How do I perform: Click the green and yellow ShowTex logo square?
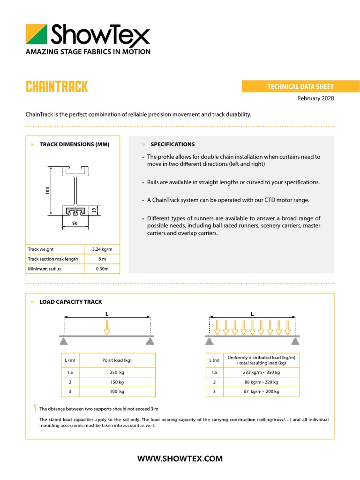pyautogui.click(x=37, y=34)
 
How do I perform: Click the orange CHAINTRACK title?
pyautogui.click(x=57, y=87)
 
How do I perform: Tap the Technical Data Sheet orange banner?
pyautogui.click(x=300, y=87)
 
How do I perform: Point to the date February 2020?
pyautogui.click(x=316, y=98)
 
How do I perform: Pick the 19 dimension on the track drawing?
pyautogui.click(x=94, y=210)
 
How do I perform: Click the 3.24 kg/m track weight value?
pyautogui.click(x=102, y=249)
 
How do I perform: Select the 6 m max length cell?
pyautogui.click(x=102, y=259)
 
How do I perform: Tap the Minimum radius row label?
pyautogui.click(x=45, y=269)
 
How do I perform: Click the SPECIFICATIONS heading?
pyautogui.click(x=172, y=144)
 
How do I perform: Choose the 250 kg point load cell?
pyautogui.click(x=117, y=372)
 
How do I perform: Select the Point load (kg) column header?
pyautogui.click(x=117, y=360)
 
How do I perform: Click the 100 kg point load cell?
pyautogui.click(x=117, y=391)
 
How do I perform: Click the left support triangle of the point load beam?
pyautogui.click(x=64, y=341)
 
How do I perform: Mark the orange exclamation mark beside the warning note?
pyautogui.click(x=34, y=408)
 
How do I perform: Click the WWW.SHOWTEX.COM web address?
pyautogui.click(x=180, y=458)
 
